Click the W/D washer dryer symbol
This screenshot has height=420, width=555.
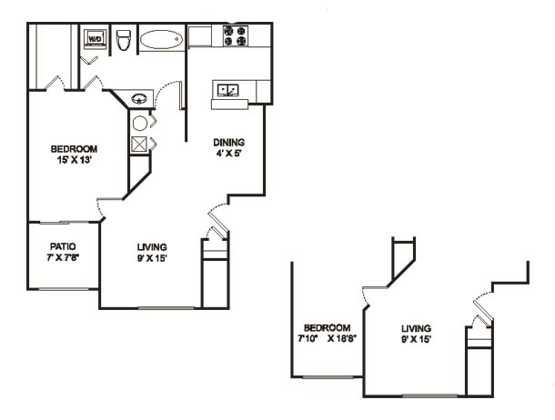[x=96, y=38]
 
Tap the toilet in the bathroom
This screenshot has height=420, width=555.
[x=124, y=40]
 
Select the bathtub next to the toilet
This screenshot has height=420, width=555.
[x=161, y=40]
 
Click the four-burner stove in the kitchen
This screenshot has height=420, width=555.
[x=235, y=35]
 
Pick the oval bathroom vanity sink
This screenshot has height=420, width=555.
[x=139, y=98]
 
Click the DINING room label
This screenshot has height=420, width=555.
[x=228, y=142]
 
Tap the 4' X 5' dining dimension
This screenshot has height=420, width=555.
[x=228, y=154]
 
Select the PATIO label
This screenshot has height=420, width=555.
[x=63, y=246]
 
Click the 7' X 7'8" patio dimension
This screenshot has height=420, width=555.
[x=63, y=257]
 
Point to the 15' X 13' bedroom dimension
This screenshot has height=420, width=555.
[x=75, y=160]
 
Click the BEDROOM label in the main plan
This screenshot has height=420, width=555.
[x=74, y=149]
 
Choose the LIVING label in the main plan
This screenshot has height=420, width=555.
[x=152, y=246]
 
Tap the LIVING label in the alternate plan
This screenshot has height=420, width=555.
[x=416, y=328]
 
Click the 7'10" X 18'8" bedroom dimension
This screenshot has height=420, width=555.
[x=327, y=339]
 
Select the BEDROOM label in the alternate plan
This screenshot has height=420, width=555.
[x=327, y=327]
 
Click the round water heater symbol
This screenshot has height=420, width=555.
[x=140, y=123]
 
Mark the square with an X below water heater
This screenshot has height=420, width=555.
[x=139, y=144]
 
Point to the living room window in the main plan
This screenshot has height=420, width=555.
[x=166, y=308]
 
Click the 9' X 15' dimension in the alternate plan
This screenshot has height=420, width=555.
[x=416, y=339]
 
